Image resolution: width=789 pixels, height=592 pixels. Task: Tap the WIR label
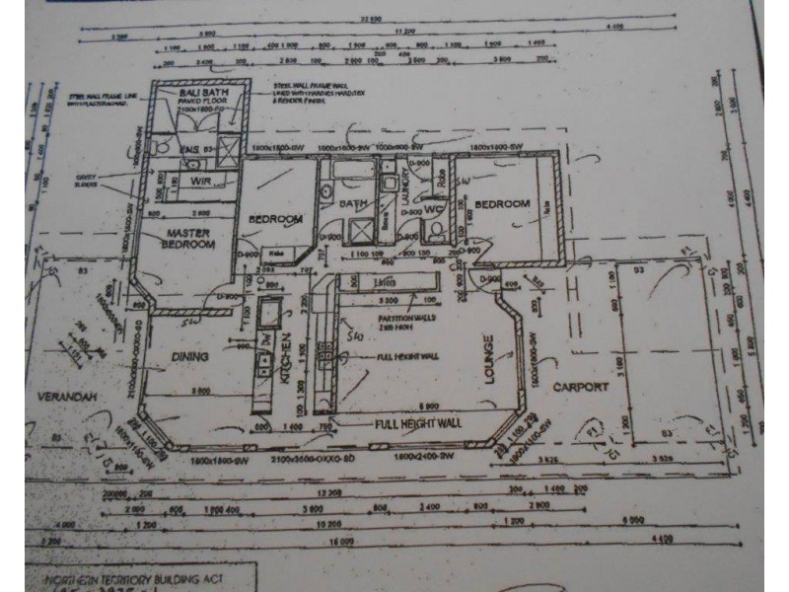click(x=201, y=181)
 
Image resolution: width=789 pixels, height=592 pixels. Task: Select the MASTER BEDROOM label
click(x=187, y=238)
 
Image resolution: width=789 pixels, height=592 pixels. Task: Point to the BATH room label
click(x=353, y=204)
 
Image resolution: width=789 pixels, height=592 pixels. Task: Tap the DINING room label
click(x=190, y=357)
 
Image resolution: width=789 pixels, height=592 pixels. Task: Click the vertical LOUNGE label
click(x=486, y=360)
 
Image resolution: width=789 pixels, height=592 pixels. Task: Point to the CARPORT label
click(x=580, y=387)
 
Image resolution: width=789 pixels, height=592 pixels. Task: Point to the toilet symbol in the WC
click(x=435, y=232)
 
